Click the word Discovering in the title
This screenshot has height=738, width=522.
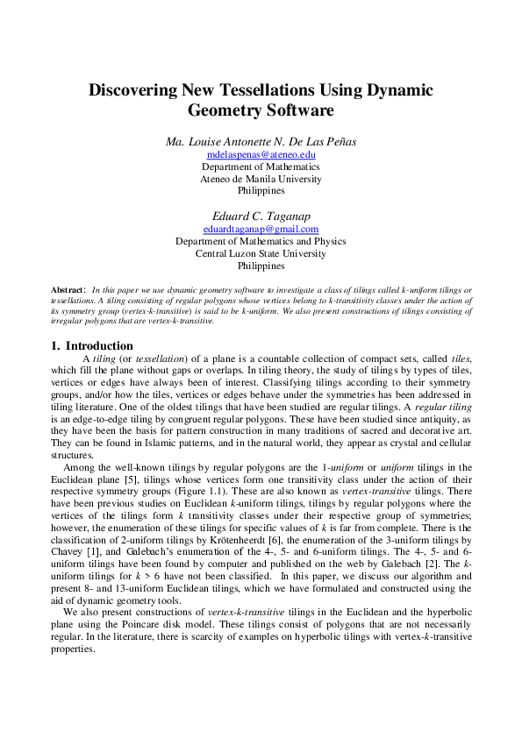139,89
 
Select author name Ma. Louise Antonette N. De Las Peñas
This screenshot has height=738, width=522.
261,142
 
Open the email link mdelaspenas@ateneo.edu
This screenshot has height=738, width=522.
261,155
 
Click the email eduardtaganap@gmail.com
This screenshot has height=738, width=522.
261,230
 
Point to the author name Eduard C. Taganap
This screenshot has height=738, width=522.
261,216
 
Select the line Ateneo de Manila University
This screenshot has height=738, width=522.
261,179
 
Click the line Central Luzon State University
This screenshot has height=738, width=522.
261,253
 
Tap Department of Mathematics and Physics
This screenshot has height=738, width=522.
261,241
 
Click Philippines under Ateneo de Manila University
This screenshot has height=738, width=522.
261,190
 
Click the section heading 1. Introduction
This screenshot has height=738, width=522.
92,345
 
